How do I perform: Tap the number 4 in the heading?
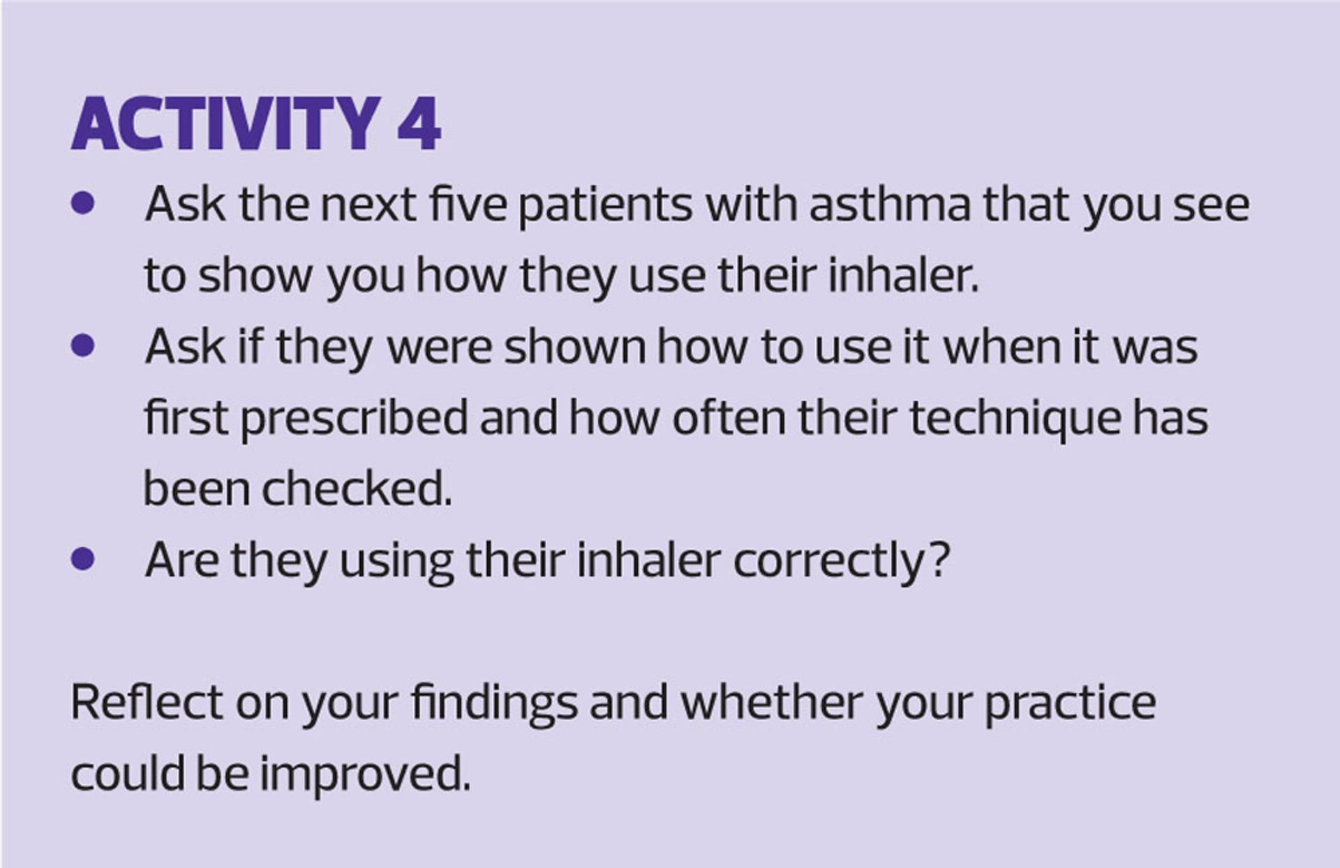(419, 124)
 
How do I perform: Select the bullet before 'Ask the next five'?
(83, 203)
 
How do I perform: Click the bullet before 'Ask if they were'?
(83, 345)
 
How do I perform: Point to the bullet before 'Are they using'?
(83, 558)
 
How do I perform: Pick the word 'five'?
(468, 204)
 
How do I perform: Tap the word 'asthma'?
(890, 204)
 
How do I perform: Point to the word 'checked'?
(357, 488)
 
